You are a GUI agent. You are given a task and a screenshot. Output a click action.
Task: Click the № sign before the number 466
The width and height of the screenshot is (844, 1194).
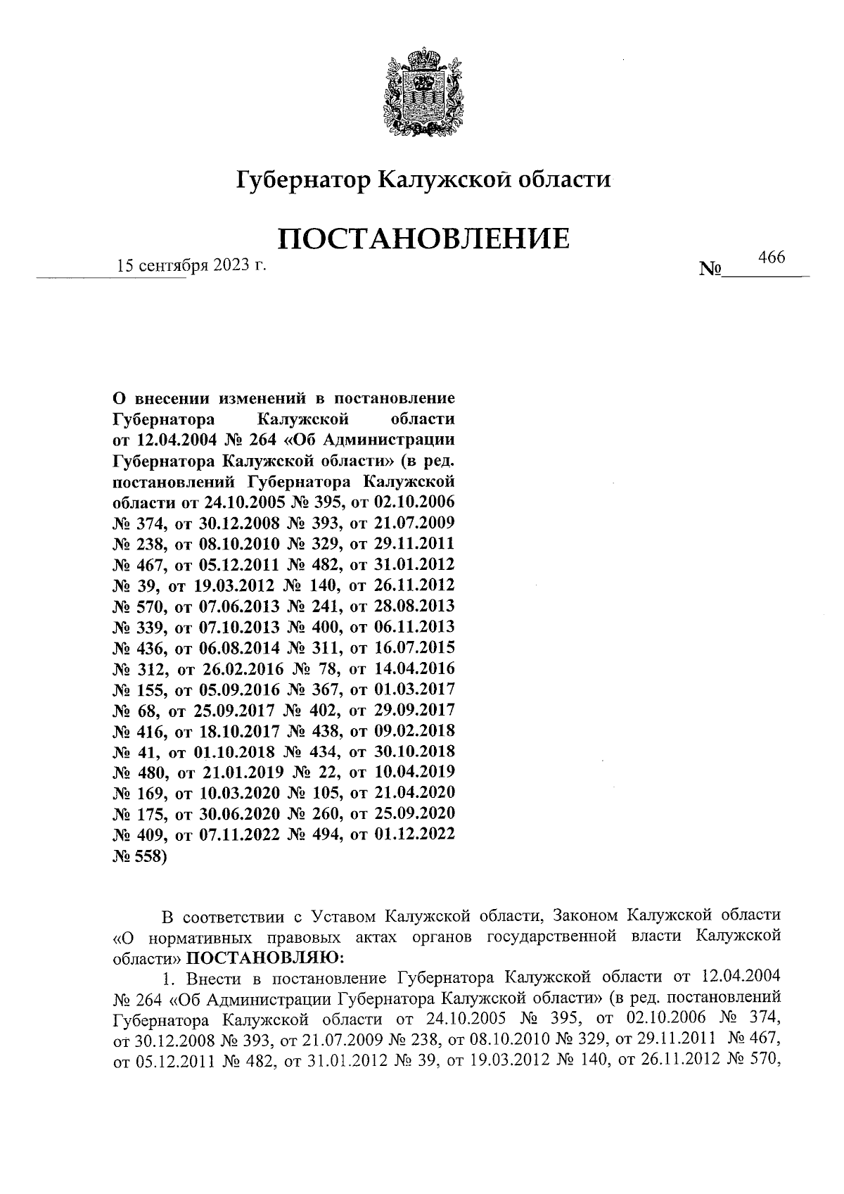coord(711,269)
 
